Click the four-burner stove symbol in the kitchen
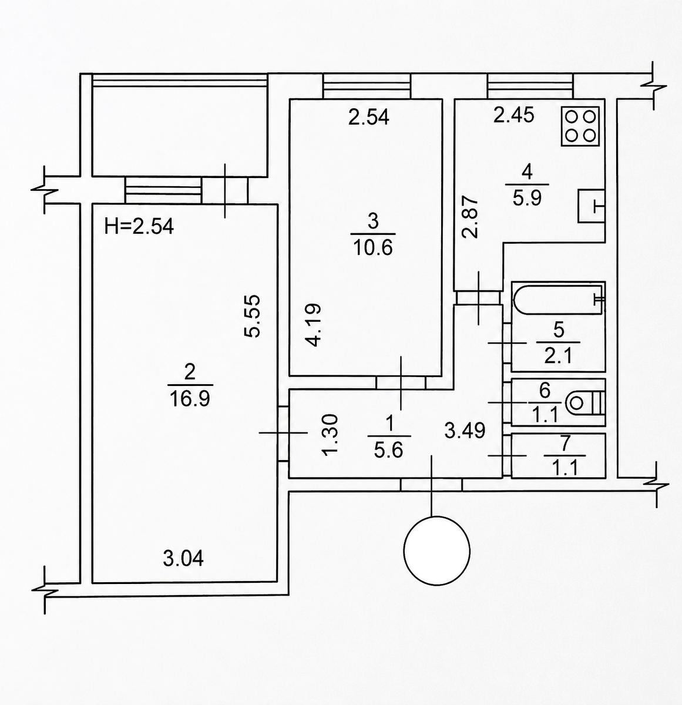point(580,126)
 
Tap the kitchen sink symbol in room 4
point(592,206)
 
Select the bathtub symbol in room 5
point(558,300)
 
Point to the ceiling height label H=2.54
point(139,227)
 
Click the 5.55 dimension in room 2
point(252,317)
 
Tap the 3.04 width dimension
point(183,558)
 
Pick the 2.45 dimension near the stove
point(515,116)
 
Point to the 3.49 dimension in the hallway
point(465,431)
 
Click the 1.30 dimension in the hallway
point(330,435)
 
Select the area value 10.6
point(372,248)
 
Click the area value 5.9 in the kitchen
point(528,198)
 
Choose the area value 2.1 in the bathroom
point(558,356)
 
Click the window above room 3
point(367,86)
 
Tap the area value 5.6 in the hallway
point(389,451)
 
